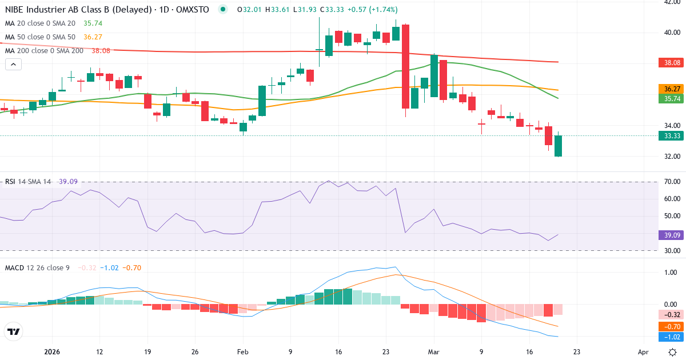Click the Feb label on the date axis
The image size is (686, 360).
[x=243, y=352]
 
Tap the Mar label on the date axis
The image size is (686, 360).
[x=433, y=352]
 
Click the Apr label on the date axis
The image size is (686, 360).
[x=643, y=352]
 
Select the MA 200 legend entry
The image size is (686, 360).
[x=44, y=51]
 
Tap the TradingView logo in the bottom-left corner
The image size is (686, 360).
[x=13, y=331]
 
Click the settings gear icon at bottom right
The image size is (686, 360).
[x=673, y=352]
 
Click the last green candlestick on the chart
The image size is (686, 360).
[x=558, y=146]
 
